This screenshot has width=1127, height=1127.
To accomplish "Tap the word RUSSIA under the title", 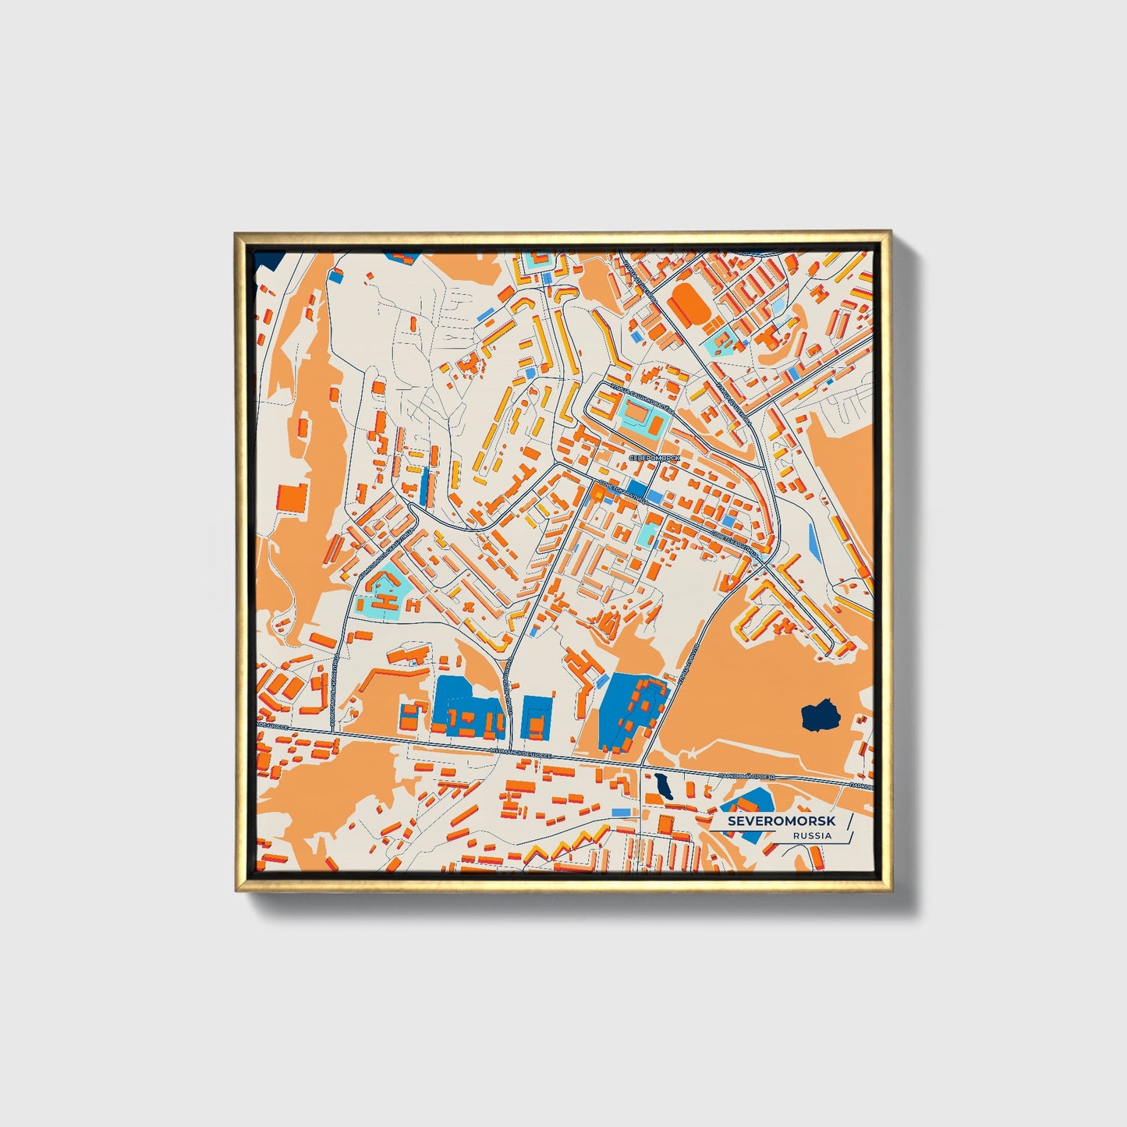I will pos(812,835).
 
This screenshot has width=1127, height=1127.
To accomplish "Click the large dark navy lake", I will pos(819,714).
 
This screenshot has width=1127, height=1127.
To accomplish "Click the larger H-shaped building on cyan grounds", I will pos(388,599).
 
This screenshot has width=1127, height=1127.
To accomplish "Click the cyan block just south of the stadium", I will pos(720,343).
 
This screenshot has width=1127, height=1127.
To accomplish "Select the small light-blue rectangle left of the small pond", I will pos(622,813).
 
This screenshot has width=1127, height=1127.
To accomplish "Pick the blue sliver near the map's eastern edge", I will pos(814,541).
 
